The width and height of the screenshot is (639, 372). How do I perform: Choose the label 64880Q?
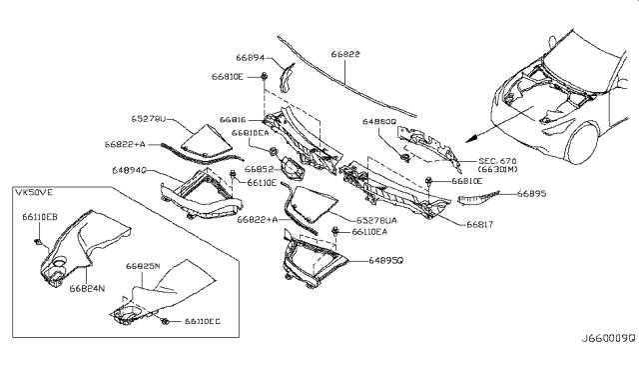click(379, 123)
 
